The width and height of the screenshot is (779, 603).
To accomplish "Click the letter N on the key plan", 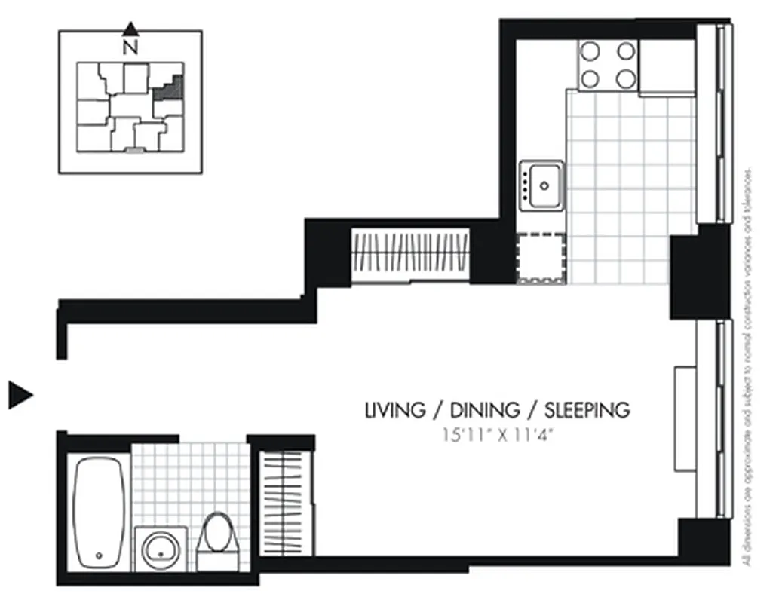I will (130, 47).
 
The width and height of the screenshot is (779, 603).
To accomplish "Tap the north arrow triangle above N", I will (130, 29).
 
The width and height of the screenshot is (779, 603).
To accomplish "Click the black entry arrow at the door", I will (20, 394).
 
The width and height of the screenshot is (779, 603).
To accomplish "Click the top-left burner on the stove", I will (590, 51).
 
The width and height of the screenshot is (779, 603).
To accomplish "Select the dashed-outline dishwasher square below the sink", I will (541, 257).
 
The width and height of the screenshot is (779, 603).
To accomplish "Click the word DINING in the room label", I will (485, 411).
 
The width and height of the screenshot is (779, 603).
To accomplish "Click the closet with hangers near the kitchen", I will (411, 255).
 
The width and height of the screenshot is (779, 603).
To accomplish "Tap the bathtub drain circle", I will (100, 556).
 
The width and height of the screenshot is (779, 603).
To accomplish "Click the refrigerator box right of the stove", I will (667, 66).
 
